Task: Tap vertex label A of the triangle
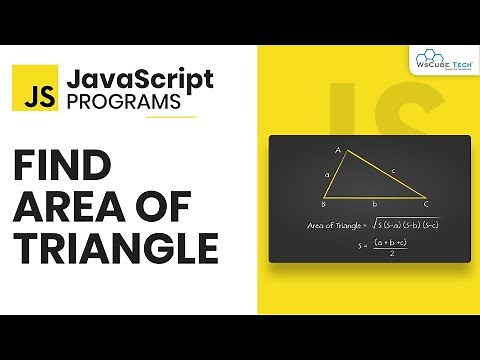(x=338, y=151)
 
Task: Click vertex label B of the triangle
(x=323, y=203)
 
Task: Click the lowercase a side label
(x=326, y=174)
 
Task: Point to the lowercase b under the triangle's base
(x=373, y=204)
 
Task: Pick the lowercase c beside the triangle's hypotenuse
(x=393, y=172)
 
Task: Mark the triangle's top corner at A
(x=345, y=157)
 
